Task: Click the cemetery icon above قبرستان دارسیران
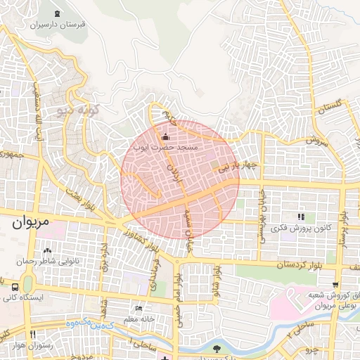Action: tap(57, 13)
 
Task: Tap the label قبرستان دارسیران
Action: tap(56, 24)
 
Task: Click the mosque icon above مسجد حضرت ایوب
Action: tap(166, 136)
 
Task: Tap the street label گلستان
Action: tap(334, 107)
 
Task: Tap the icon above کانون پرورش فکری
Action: tap(301, 217)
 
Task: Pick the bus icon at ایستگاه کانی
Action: tap(14, 287)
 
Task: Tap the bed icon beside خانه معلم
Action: tap(139, 309)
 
